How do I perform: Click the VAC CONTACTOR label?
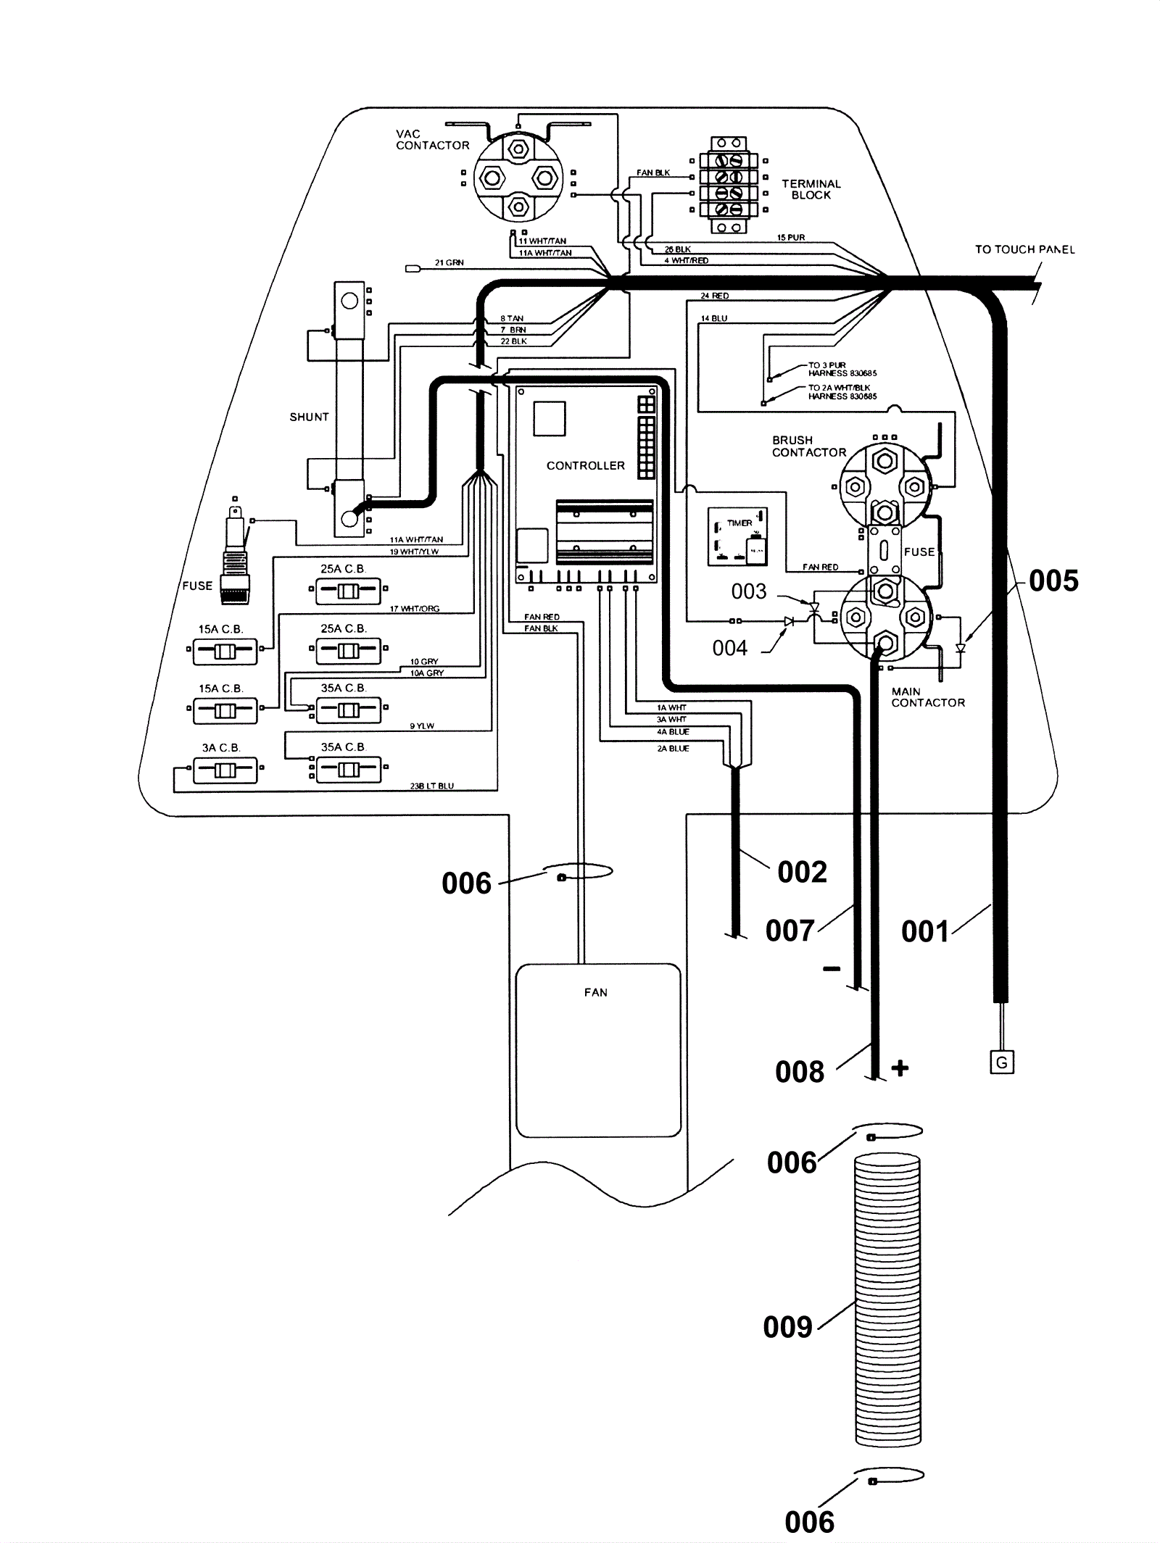[x=432, y=140]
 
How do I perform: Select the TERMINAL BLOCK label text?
[x=811, y=189]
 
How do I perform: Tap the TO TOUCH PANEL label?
[x=1024, y=249]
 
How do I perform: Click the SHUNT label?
[x=309, y=417]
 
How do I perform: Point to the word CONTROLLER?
[x=585, y=465]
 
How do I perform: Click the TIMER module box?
[x=737, y=536]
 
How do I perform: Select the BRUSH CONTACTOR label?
[x=808, y=446]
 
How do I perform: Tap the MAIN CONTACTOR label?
[x=927, y=697]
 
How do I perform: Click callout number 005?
[x=1053, y=581]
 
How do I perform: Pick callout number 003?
[x=748, y=591]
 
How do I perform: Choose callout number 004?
[x=729, y=648]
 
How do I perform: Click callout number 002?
[x=802, y=872]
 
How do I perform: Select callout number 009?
[x=787, y=1327]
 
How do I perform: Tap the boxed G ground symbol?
[x=1002, y=1062]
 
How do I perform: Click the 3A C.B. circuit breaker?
[x=225, y=770]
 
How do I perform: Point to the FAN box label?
[x=596, y=992]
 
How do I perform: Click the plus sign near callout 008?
[x=900, y=1068]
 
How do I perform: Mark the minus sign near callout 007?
[x=832, y=969]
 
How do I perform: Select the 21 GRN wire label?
[x=449, y=262]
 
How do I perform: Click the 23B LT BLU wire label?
[x=431, y=786]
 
